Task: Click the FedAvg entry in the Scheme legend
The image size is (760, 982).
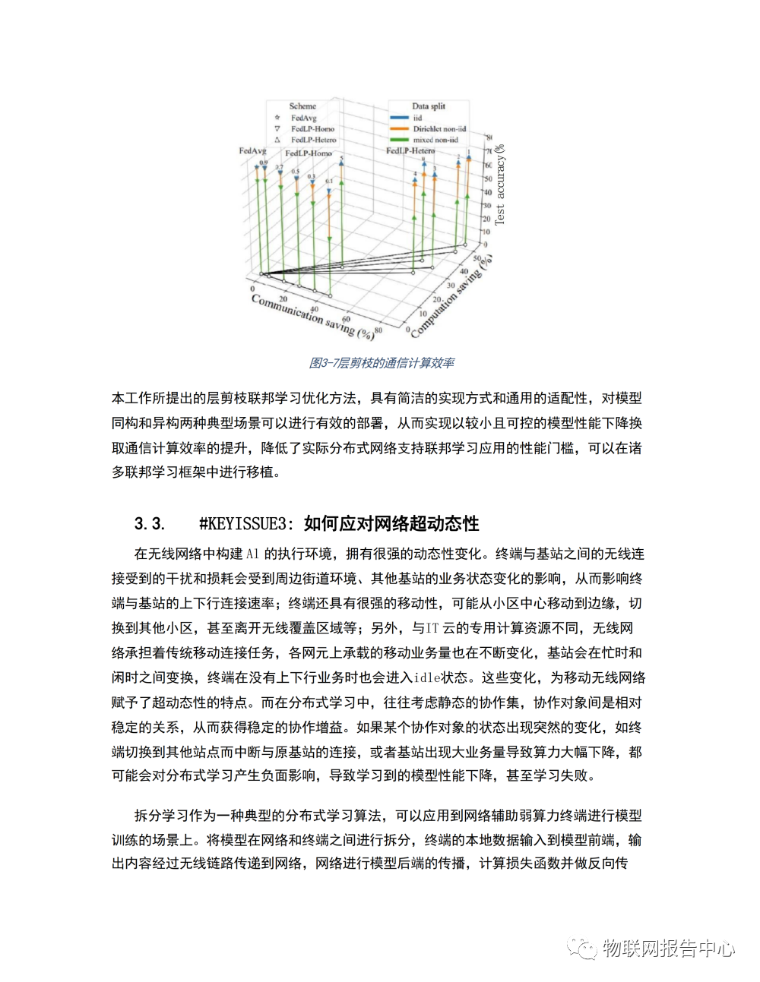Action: pos(303,118)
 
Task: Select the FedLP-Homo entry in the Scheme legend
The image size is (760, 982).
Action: pos(312,128)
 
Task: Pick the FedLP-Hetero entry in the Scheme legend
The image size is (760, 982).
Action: pos(312,140)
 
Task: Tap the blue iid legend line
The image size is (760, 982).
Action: pos(400,118)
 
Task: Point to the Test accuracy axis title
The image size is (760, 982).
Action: pos(499,186)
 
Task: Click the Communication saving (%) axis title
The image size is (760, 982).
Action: pos(312,316)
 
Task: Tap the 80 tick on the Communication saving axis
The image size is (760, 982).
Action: pos(378,330)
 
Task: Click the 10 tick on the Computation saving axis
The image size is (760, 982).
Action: pos(423,314)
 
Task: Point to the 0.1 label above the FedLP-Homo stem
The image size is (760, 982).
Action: pos(329,182)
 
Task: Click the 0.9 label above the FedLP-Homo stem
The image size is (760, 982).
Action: pos(264,163)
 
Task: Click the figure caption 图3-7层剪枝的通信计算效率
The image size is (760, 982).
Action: pos(382,363)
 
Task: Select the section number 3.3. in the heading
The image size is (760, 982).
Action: pos(149,523)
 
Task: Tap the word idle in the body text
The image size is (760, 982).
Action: pos(427,677)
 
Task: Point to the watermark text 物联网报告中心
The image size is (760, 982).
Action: pos(668,948)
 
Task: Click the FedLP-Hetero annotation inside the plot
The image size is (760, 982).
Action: pos(410,151)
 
